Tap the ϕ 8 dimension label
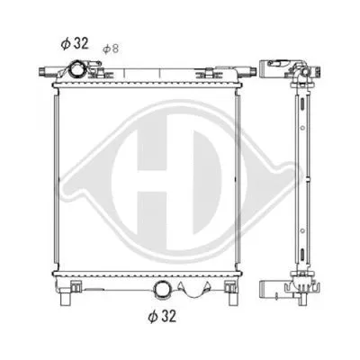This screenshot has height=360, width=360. coord(111,48)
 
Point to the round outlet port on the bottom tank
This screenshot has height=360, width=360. coord(165,289)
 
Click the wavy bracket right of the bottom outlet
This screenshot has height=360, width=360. coord(196,290)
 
